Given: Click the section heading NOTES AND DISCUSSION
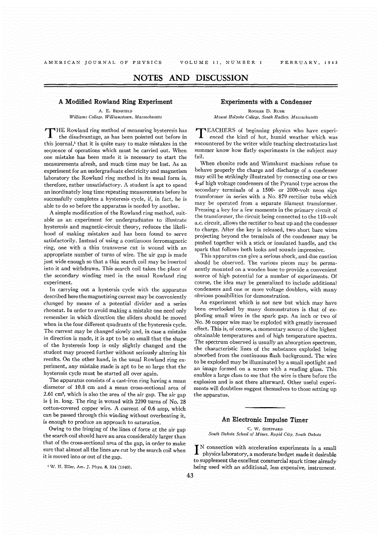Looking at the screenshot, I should pos(190,78).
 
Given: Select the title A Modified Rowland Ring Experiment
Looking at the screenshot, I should pos(115,102).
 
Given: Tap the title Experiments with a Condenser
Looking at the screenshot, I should pos(266,102).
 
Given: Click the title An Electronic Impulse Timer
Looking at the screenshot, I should pos(264,420).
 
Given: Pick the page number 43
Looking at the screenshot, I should pos(190,476).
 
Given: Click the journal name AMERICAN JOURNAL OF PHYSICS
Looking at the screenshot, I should pos(103,62).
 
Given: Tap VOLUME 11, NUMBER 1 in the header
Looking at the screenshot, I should pos(221,62).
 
